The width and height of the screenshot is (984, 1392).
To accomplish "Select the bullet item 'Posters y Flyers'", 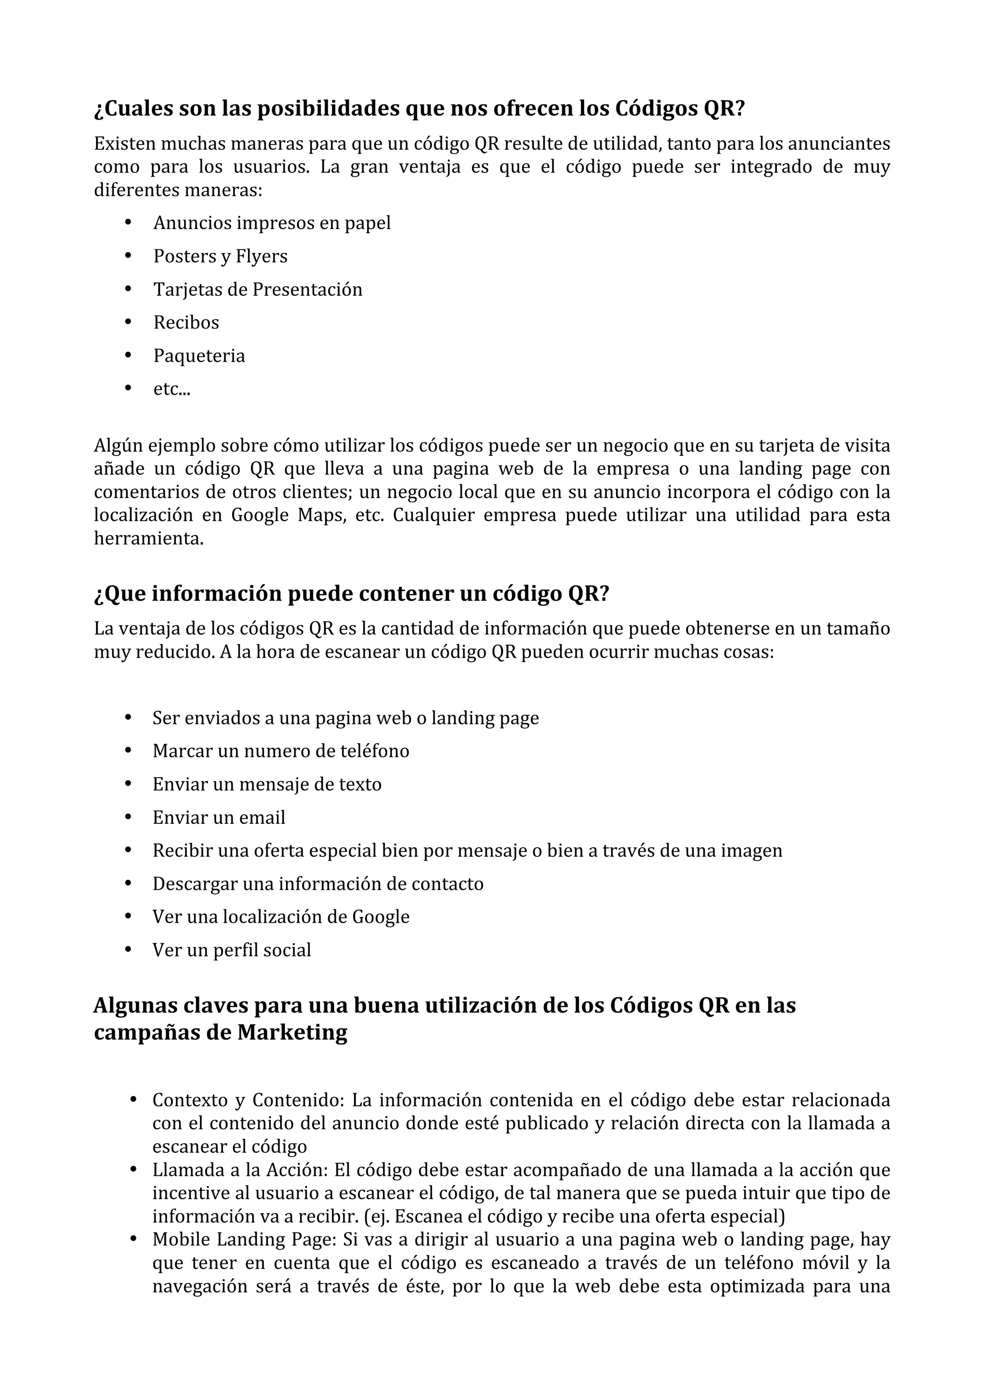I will click(220, 256).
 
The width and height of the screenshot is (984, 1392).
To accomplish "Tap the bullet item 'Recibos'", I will click(186, 322).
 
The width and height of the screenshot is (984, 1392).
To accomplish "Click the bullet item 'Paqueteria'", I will click(199, 356).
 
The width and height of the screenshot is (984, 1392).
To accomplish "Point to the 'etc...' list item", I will click(172, 389).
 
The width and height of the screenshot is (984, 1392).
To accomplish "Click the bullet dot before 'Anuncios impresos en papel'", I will click(128, 222).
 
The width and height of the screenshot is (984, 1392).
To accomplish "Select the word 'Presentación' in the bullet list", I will click(307, 290).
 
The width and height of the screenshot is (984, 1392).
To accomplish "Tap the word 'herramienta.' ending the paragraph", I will click(148, 538).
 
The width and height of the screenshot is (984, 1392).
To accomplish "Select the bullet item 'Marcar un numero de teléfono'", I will click(281, 751).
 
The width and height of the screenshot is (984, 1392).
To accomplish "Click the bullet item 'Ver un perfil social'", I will click(232, 950).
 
